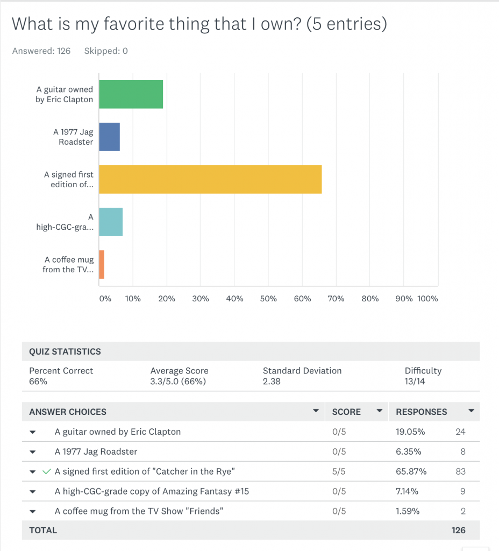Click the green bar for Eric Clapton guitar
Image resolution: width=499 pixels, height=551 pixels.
click(131, 94)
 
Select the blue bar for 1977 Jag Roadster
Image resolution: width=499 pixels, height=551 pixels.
click(109, 137)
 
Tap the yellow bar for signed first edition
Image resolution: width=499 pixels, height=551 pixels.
click(210, 179)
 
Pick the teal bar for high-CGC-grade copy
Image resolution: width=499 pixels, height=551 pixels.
click(111, 222)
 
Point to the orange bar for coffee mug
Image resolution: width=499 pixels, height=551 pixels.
click(102, 264)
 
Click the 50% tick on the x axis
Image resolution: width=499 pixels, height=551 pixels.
click(268, 299)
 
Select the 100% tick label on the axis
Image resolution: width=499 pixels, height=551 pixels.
click(428, 299)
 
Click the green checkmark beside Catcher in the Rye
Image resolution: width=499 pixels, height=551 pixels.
click(47, 471)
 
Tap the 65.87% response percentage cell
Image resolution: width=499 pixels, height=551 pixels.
click(411, 471)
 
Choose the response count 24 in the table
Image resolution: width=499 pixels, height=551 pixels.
click(460, 432)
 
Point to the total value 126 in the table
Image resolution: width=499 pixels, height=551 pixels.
click(458, 530)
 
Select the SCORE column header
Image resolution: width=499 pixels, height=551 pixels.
click(346, 412)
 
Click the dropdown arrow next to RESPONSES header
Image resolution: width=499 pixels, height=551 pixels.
click(472, 411)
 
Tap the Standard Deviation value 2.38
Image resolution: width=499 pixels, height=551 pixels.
click(272, 382)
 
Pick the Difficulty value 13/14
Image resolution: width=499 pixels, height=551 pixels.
click(415, 382)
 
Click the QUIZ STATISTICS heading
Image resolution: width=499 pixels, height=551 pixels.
click(65, 351)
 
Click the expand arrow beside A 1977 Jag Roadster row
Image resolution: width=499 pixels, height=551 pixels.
click(33, 452)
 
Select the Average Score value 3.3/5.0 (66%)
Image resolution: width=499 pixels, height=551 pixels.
click(179, 382)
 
